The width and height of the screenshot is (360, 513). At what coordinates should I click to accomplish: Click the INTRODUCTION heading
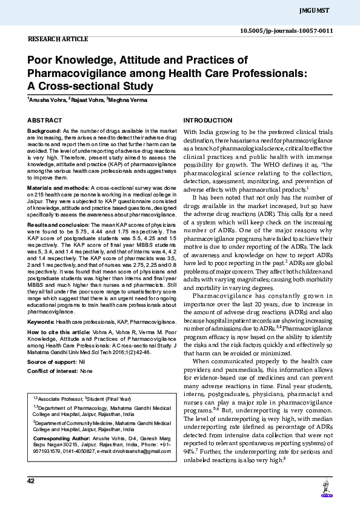click(x=208, y=121)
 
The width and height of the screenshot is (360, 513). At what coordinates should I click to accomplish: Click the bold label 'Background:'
click(x=44, y=131)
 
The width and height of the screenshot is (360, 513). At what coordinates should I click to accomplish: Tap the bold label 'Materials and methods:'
click(x=58, y=189)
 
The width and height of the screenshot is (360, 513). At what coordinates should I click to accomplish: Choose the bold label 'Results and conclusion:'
click(x=58, y=224)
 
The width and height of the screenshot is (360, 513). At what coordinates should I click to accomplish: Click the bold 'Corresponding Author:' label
click(x=59, y=438)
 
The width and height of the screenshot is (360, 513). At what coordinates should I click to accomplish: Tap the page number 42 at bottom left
click(x=31, y=481)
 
